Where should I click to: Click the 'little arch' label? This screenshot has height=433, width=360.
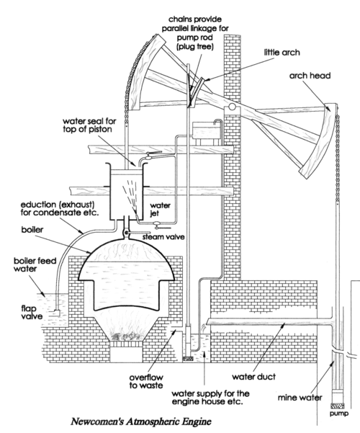coord(282,53)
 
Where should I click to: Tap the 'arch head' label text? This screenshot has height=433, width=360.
coord(310,76)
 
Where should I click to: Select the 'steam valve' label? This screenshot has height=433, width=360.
coord(163,237)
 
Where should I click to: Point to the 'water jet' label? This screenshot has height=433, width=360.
coord(160,210)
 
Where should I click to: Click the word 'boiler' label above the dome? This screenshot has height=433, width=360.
coord(32,230)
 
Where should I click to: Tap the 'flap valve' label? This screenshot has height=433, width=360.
coord(32,312)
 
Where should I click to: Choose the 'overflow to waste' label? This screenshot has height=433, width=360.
coord(146,381)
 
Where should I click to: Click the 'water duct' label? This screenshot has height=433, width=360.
coord(253,377)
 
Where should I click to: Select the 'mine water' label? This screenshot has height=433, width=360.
coord(300,398)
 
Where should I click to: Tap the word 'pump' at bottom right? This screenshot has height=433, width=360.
coord(339,414)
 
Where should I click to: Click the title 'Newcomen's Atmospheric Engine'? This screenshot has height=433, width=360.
coord(141,421)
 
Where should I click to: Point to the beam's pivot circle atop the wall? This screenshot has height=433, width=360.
coord(232,107)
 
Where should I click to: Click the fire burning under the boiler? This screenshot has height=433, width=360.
coord(125,335)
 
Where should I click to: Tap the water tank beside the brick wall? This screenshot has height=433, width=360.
coord(207,130)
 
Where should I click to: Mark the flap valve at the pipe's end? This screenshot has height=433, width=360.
coord(57,312)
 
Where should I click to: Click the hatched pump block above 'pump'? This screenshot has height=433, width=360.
coord(337,406)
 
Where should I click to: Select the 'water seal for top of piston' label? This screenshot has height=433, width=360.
coord(89,125)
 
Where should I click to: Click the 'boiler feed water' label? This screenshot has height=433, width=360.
coord(35,264)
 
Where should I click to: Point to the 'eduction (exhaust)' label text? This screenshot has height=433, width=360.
coord(58,205)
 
